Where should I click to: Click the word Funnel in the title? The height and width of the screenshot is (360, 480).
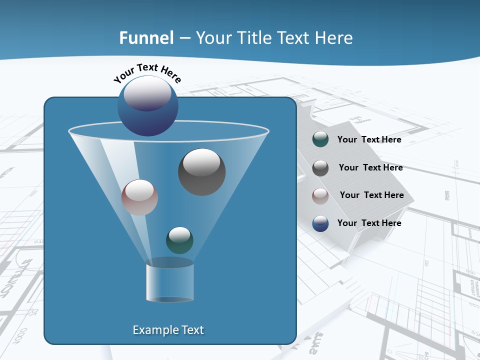[146, 38]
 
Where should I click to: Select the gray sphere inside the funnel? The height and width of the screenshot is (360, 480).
[201, 172]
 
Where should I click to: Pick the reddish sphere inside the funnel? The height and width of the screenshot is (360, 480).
[139, 197]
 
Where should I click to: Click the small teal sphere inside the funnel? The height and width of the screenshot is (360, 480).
[179, 240]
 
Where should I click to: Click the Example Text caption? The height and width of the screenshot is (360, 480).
[168, 330]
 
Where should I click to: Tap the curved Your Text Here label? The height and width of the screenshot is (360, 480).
[147, 72]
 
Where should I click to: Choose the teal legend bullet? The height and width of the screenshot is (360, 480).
[320, 139]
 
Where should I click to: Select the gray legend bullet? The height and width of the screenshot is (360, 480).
[320, 168]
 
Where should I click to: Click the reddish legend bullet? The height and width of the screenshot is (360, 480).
[320, 195]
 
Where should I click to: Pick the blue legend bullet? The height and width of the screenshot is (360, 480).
[320, 223]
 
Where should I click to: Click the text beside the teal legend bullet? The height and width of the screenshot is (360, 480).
[369, 139]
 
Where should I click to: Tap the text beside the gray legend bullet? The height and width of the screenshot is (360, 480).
[370, 167]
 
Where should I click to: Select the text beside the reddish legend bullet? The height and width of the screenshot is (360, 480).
[371, 195]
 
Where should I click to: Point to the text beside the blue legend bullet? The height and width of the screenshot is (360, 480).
[369, 223]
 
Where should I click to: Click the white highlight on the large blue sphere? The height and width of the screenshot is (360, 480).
[147, 93]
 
